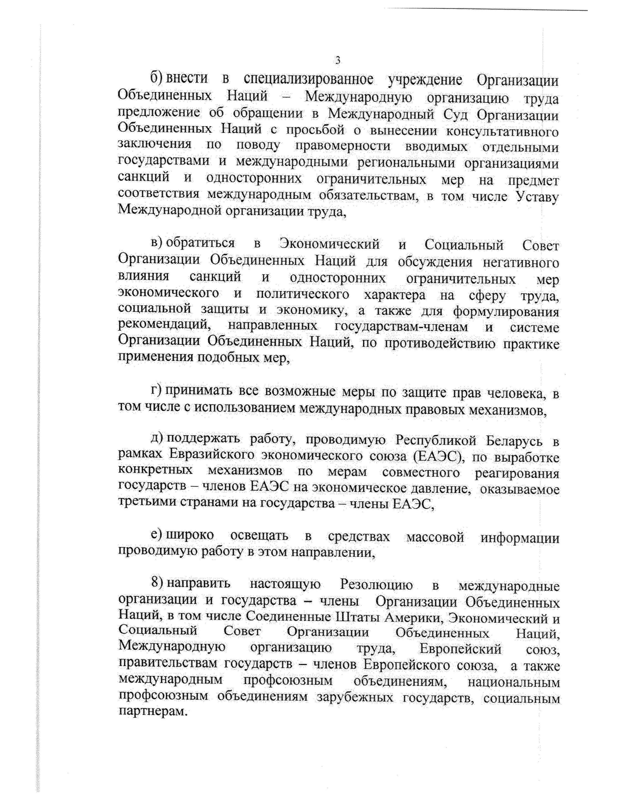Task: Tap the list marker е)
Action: click(x=157, y=535)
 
